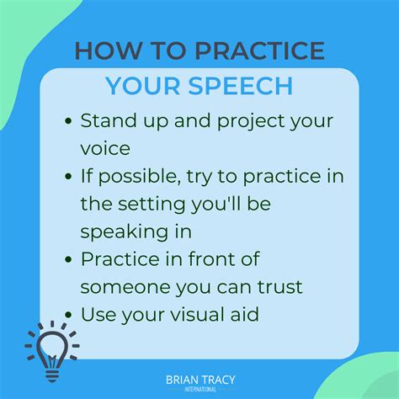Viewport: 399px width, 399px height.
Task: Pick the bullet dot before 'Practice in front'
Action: point(68,259)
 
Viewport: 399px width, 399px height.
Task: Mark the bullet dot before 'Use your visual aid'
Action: point(68,316)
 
